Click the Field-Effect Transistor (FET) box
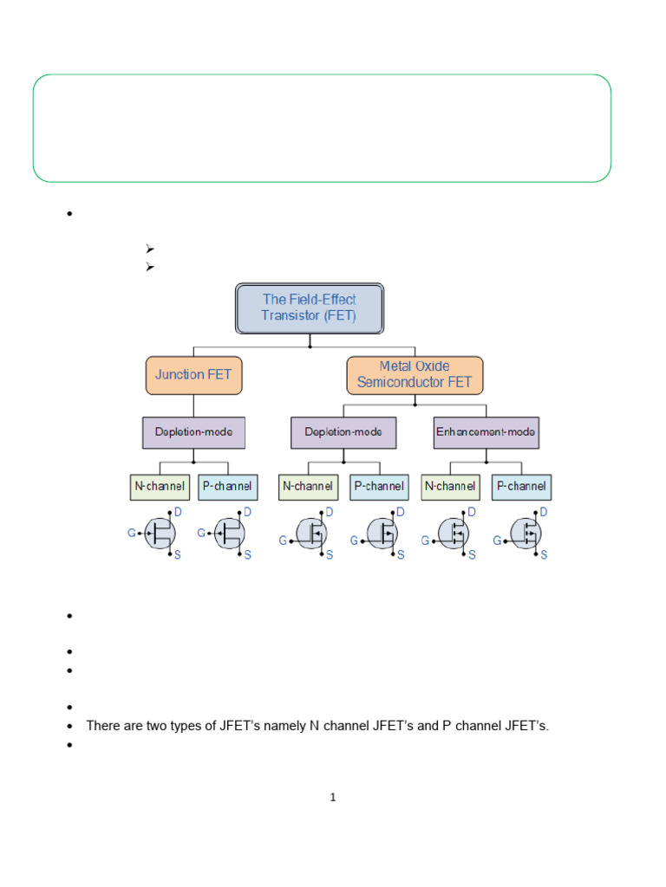pos(310,308)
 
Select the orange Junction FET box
pos(193,375)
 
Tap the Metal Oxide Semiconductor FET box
pos(415,375)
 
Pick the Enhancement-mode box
pos(486,431)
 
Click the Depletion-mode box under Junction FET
pos(193,431)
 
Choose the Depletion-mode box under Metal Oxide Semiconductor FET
pos(343,431)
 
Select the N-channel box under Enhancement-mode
pos(449,487)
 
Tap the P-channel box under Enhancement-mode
pos(521,487)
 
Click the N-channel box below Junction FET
pos(158,487)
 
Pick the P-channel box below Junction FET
pos(227,487)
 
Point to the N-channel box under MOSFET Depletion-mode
pos(308,487)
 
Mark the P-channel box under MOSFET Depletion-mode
pos(379,487)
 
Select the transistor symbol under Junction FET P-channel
pos(229,534)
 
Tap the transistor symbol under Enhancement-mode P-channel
pos(526,534)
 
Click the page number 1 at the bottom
pos(333,798)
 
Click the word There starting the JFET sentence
pos(102,726)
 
